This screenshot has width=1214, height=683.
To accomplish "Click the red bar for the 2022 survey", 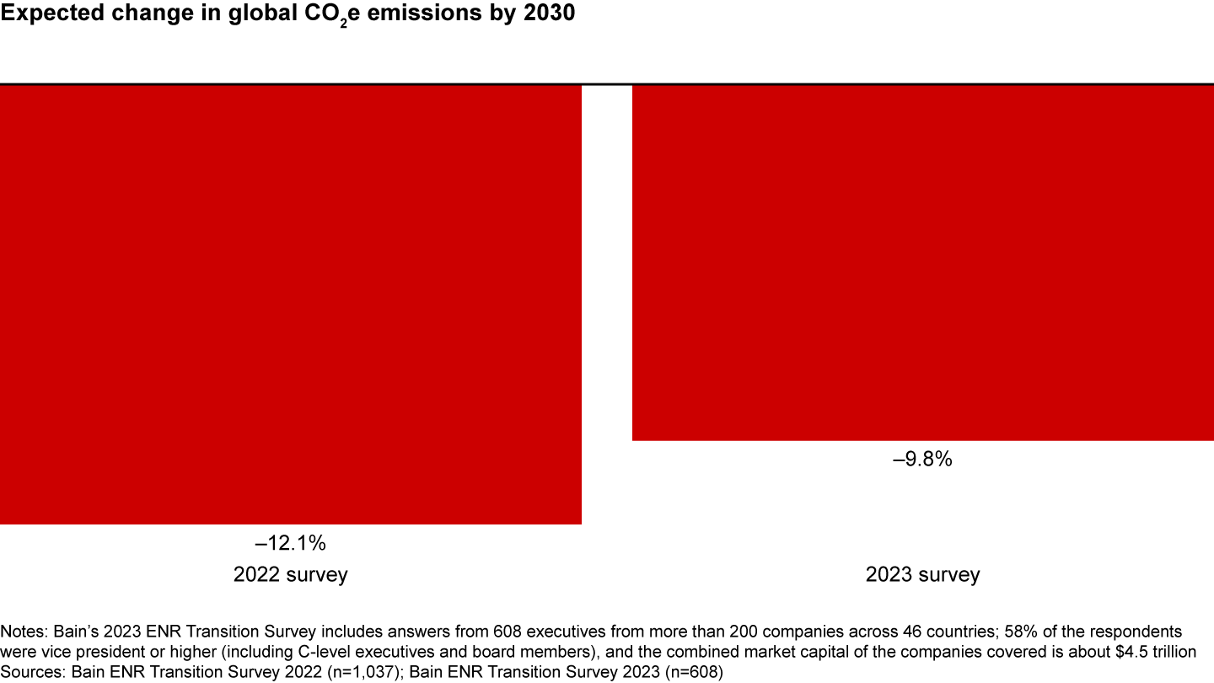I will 291,304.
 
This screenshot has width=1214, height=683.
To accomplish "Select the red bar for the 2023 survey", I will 923,262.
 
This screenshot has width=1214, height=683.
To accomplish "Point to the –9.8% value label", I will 923,460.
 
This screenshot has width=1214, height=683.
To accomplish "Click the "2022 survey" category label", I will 290,575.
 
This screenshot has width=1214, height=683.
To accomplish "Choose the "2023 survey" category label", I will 923,575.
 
